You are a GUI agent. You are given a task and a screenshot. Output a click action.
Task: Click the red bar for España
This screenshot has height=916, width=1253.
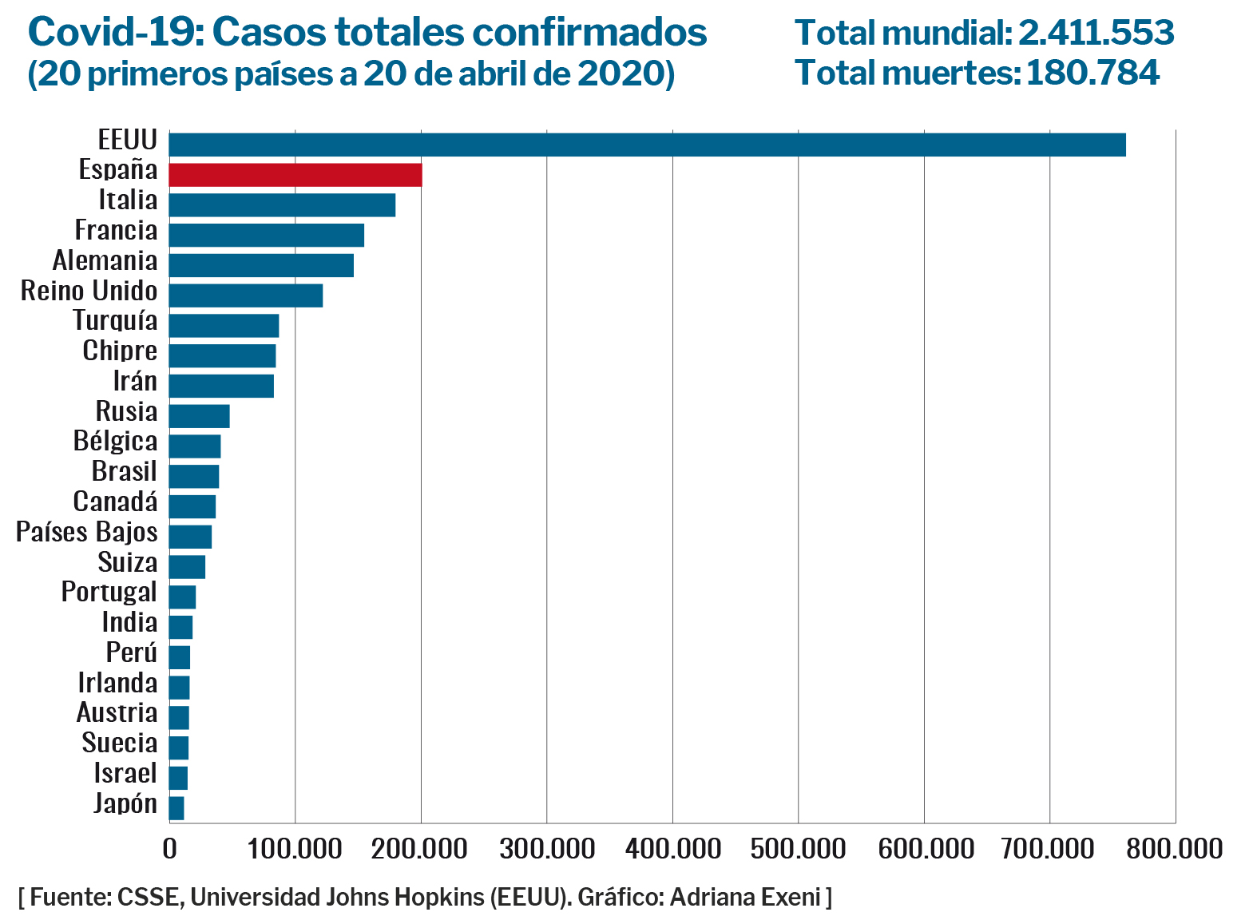(295, 175)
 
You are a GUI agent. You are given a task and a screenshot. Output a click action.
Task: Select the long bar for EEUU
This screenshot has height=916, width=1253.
(647, 145)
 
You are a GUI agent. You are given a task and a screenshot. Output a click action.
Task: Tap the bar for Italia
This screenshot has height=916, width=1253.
(282, 205)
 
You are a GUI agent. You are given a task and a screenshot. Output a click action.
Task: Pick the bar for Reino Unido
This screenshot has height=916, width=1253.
(246, 295)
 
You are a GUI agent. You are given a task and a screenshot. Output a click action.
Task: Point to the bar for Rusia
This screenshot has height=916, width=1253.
(200, 416)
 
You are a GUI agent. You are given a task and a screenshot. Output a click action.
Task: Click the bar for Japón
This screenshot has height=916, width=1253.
(176, 808)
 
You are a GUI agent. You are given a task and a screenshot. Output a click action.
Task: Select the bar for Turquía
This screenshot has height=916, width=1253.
(224, 326)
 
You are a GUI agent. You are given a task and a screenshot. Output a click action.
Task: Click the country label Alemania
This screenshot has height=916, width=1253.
(105, 261)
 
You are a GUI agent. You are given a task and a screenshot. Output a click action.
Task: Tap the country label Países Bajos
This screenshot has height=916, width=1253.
(87, 533)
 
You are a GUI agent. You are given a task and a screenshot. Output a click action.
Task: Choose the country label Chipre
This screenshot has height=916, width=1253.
(120, 351)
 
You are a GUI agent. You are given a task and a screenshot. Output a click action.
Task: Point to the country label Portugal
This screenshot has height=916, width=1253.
(109, 593)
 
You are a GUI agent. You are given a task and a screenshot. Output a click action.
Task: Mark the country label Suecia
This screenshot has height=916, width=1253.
(120, 744)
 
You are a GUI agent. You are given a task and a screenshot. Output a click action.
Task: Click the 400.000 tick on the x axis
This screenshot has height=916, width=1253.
(672, 849)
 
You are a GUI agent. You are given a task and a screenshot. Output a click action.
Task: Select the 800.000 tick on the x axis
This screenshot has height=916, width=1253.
(1175, 849)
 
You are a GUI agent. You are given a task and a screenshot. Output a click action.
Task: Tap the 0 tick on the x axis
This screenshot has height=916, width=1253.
(169, 849)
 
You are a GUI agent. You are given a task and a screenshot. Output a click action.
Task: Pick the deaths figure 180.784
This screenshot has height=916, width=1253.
(1092, 73)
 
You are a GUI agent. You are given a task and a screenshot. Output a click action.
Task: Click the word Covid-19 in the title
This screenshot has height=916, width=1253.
(116, 34)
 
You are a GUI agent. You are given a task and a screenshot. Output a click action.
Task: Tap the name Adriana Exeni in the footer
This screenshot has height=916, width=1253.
(745, 897)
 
